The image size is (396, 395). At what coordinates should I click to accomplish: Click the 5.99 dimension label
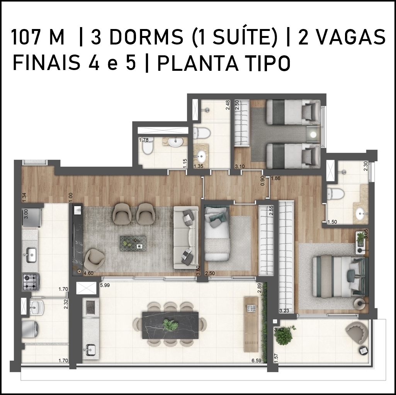point(105,286)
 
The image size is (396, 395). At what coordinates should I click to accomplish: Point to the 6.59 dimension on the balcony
point(257,361)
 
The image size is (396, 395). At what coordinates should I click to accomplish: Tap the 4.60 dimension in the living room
point(88,274)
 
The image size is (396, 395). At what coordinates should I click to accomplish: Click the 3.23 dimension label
point(284,311)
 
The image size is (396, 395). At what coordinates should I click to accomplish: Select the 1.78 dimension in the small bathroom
point(143,140)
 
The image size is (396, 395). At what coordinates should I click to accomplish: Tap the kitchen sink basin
point(32,255)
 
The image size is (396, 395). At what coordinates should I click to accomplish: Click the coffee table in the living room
point(133,243)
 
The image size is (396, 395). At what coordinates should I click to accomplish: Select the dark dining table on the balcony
point(171,325)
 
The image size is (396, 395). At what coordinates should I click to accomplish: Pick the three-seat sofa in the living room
point(186,238)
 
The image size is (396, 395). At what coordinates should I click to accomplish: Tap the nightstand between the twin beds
point(314,135)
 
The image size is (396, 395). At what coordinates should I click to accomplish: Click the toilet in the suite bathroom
point(335,194)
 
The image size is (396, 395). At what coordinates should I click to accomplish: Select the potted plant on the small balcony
point(284,335)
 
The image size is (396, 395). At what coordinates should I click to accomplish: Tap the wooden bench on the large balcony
point(251,325)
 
